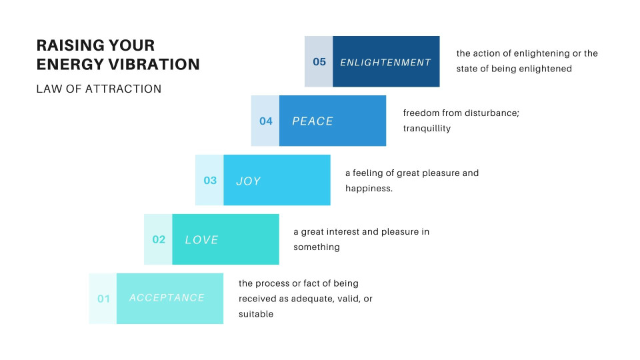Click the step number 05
(319, 62)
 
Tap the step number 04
(266, 121)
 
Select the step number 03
(210, 181)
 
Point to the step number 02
(159, 240)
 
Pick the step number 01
(103, 299)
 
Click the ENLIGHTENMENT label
(385, 63)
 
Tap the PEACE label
(313, 121)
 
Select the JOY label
(248, 181)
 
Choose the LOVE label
(201, 240)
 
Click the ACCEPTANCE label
(167, 298)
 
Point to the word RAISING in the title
(69, 45)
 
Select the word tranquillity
(427, 128)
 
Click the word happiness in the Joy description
(369, 189)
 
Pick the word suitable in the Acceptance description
(256, 314)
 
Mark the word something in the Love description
(317, 247)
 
